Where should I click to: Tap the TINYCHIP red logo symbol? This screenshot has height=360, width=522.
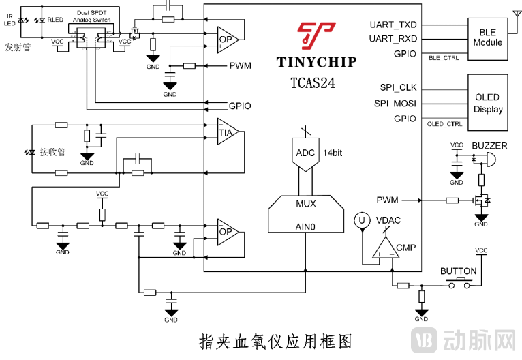pos(316,37)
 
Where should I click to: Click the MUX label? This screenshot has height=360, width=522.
pos(306,203)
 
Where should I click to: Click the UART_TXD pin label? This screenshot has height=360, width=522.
pos(393,25)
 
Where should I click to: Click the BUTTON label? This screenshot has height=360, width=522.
pos(459,271)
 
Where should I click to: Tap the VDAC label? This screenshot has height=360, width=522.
pos(389,220)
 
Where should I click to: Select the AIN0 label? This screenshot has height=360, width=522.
pos(306,226)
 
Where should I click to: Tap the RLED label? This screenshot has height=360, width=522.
pos(55,20)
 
